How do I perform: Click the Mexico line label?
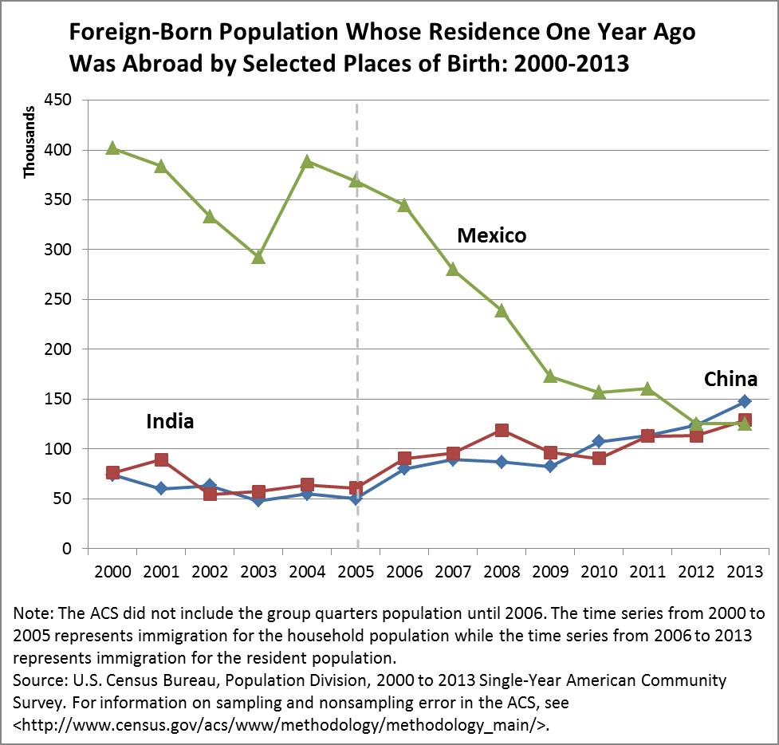coord(491,235)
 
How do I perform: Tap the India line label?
coord(170,420)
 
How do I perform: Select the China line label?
coord(730,379)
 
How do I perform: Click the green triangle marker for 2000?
coord(112,148)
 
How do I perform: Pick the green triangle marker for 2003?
coord(258,257)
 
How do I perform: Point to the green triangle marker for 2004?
coord(307,161)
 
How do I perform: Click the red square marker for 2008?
coord(502,431)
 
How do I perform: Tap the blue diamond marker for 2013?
coord(744,401)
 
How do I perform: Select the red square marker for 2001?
coord(161,460)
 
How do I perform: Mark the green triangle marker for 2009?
coord(550,376)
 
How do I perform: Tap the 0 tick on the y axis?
coord(67,549)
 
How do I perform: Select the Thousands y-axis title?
coord(30,143)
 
